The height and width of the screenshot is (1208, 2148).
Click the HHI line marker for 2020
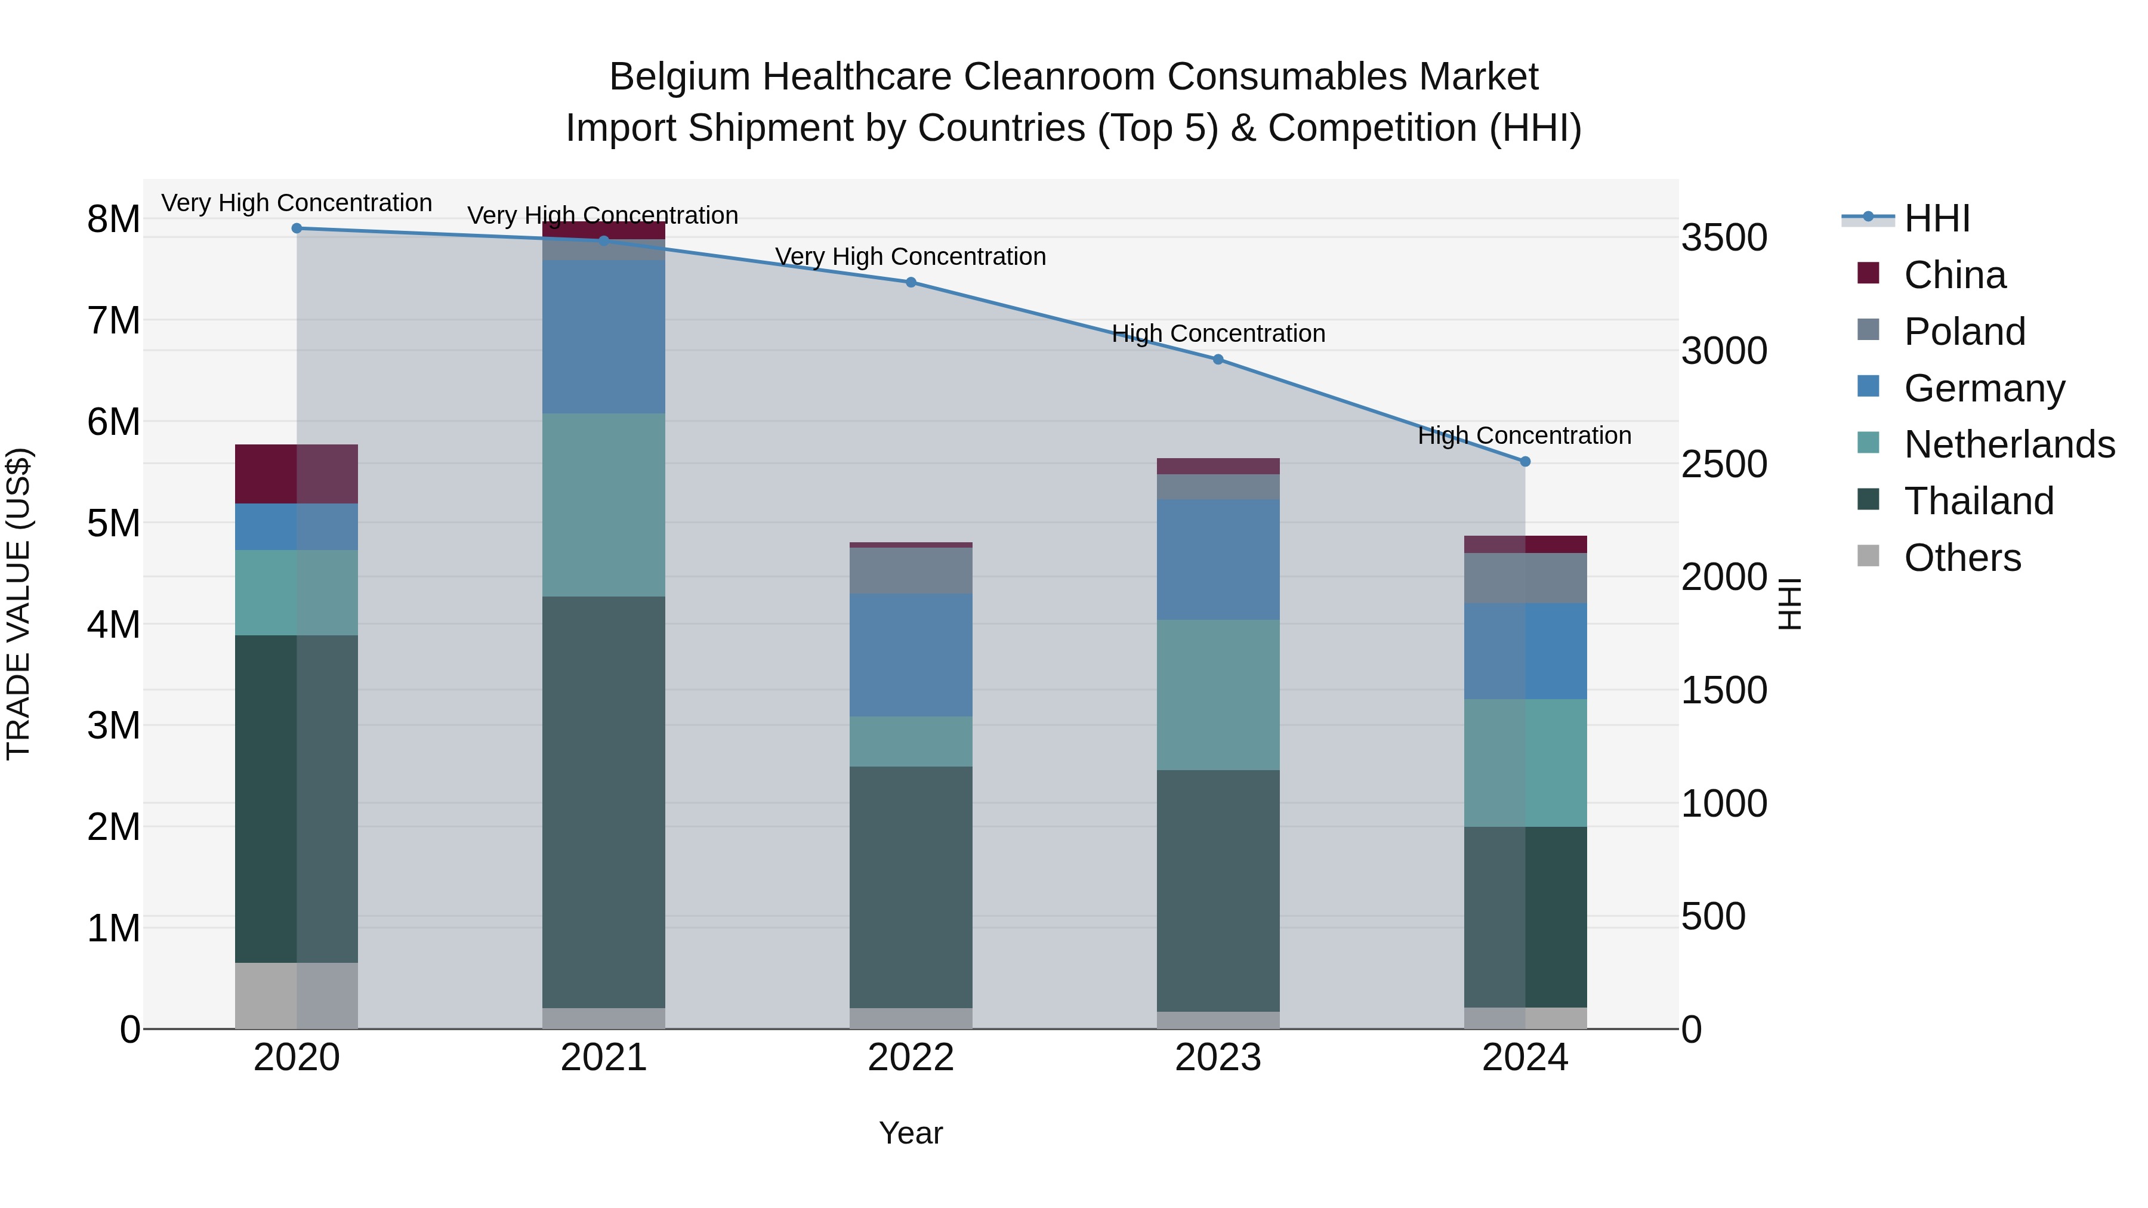pos(297,228)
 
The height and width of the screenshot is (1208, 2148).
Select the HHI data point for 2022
pos(911,283)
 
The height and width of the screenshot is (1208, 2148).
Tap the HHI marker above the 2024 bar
pos(1525,461)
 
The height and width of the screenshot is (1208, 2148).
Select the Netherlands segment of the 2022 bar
pos(911,741)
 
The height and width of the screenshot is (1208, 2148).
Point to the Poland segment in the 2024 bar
pos(1525,577)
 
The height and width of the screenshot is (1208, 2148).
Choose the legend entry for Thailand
pos(1978,501)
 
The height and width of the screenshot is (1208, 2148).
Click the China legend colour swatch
pos(1869,273)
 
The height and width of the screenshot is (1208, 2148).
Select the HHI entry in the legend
pos(1936,218)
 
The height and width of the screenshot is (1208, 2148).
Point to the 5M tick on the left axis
pos(113,524)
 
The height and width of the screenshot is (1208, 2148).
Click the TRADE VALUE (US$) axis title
pos(18,604)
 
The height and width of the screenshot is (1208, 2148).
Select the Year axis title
pos(911,1133)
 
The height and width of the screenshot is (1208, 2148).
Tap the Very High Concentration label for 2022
pos(911,257)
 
